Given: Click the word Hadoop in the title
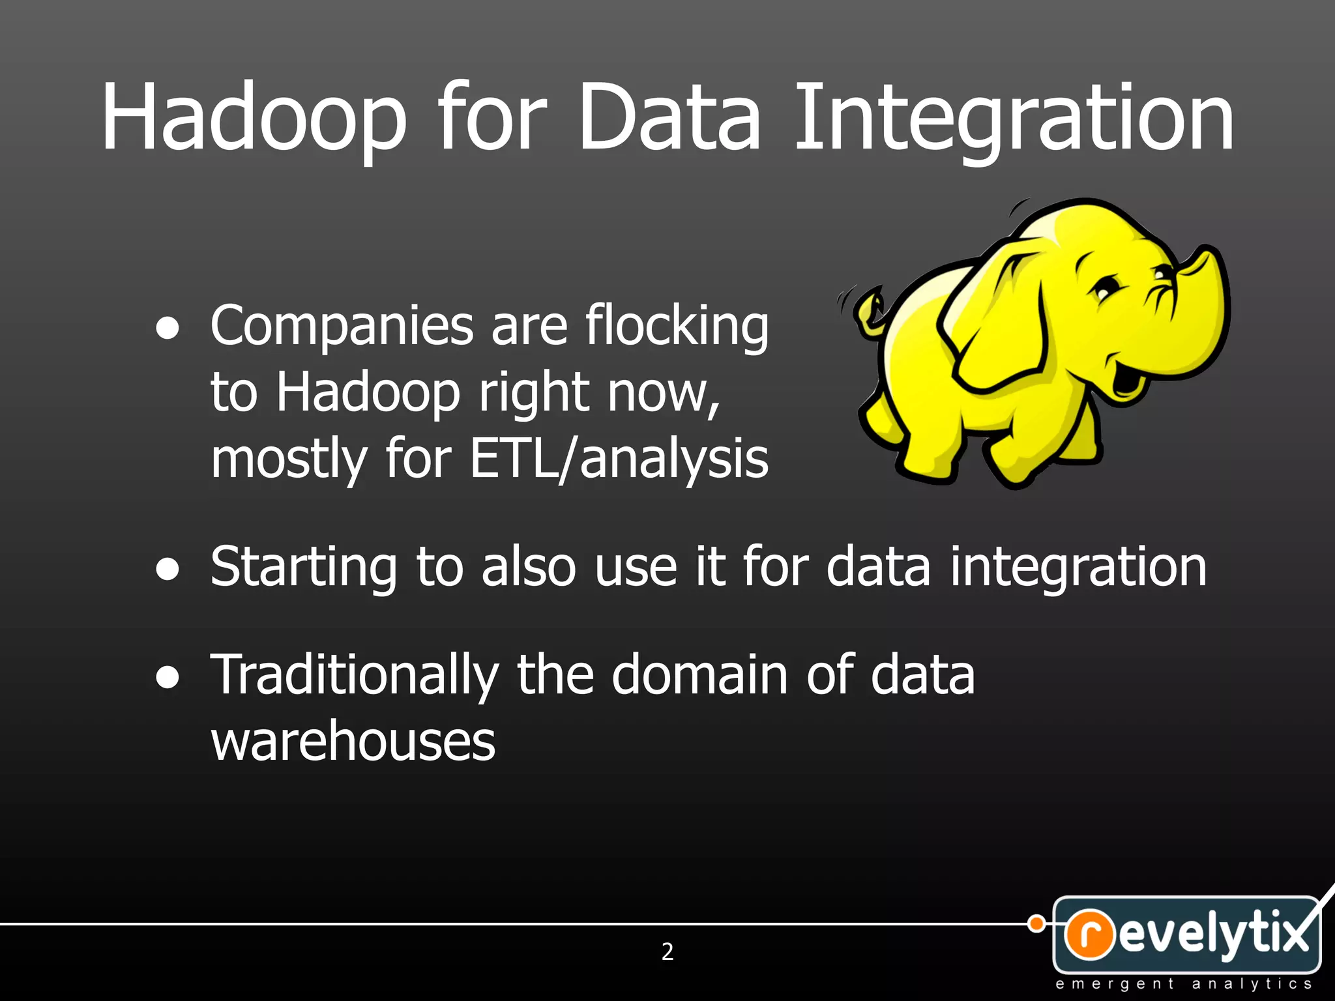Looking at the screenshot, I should click(254, 117).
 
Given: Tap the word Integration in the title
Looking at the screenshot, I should click(1014, 117).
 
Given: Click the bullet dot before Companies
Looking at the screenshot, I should click(168, 329).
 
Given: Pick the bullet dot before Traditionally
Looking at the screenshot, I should click(168, 677).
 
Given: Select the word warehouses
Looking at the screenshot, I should click(353, 741).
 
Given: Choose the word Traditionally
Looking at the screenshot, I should click(355, 676).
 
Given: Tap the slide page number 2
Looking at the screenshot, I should click(667, 952).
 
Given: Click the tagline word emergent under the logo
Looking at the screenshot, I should click(1115, 984).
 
